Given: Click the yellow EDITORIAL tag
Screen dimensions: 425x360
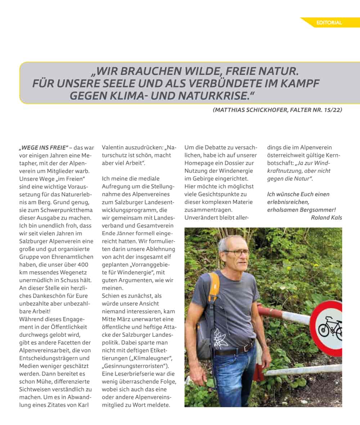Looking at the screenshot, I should [x=329, y=23].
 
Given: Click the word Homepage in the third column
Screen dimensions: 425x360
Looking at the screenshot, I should [x=199, y=163].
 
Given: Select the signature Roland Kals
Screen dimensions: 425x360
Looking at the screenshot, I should [x=327, y=217].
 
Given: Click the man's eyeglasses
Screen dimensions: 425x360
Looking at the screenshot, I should [x=238, y=253].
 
